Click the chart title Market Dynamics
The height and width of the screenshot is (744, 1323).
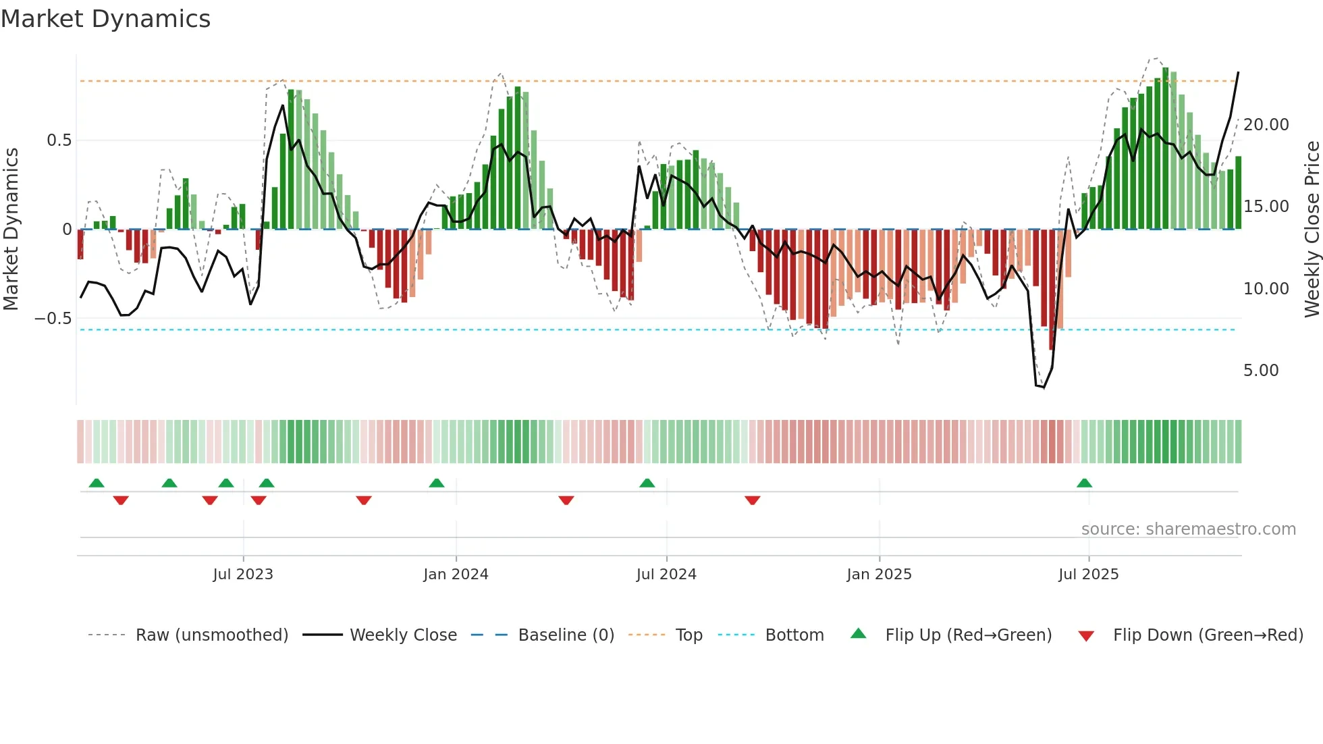pyautogui.click(x=106, y=19)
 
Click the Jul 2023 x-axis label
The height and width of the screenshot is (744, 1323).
pyautogui.click(x=243, y=575)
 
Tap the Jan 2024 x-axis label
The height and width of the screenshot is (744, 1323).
pyautogui.click(x=456, y=575)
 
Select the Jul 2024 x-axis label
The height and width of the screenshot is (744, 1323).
pyautogui.click(x=666, y=575)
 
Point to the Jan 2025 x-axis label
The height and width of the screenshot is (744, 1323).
pyautogui.click(x=879, y=575)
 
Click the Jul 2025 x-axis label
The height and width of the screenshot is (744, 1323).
pyautogui.click(x=1088, y=575)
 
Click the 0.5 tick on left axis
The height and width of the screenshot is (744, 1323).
pyautogui.click(x=59, y=140)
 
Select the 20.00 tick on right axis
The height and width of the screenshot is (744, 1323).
pyautogui.click(x=1266, y=125)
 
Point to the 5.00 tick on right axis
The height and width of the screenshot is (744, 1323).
pyautogui.click(x=1260, y=371)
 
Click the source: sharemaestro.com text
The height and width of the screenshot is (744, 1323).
pyautogui.click(x=1188, y=529)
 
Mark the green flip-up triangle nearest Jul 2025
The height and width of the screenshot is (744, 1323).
pyautogui.click(x=1084, y=483)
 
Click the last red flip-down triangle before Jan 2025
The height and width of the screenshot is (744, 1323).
pyautogui.click(x=753, y=500)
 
